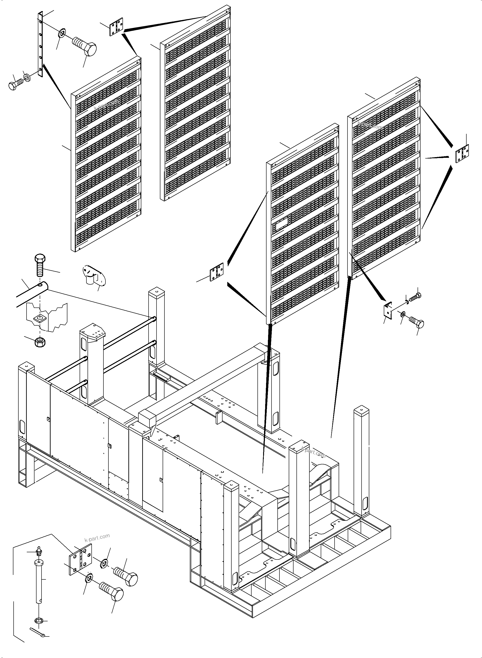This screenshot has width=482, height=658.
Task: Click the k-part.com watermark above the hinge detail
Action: pos(97,536)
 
